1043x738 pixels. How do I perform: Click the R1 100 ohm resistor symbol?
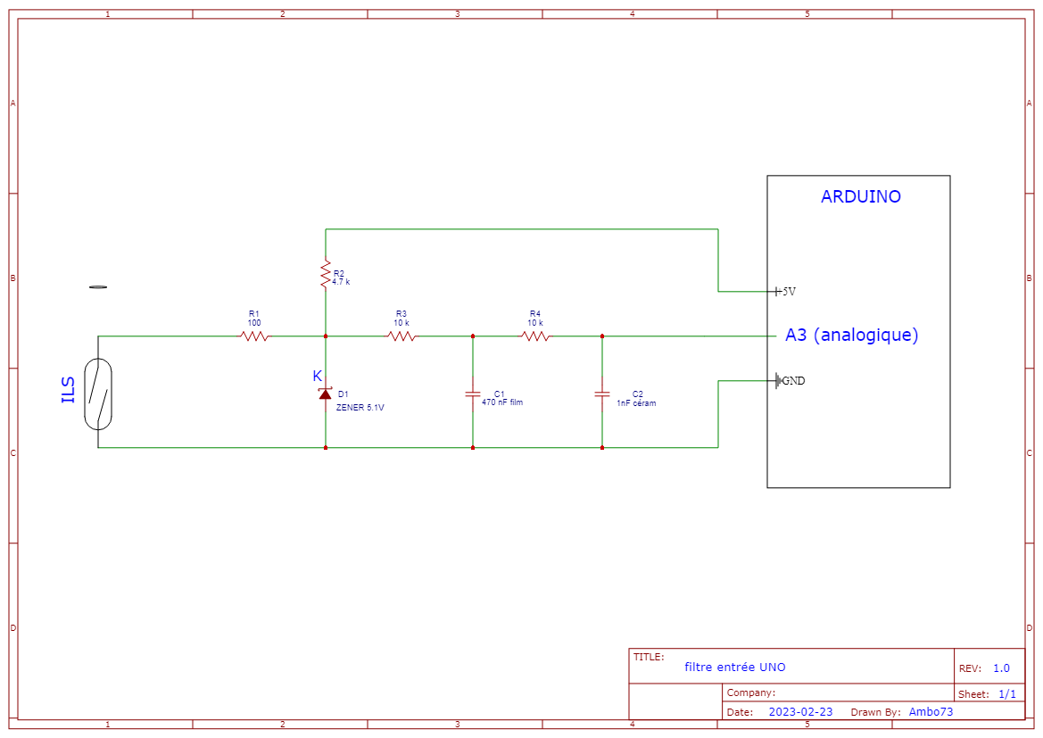point(254,336)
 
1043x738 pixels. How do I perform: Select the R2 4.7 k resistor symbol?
point(326,274)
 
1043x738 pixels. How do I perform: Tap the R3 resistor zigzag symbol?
point(401,336)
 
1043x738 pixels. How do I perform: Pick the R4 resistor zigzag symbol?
point(535,336)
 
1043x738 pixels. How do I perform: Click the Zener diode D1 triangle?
point(325,394)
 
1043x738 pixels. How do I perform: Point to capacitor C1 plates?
point(473,394)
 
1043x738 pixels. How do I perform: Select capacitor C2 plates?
point(602,394)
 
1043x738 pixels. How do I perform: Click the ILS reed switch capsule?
point(98,394)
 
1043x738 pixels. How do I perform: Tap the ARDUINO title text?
point(860,197)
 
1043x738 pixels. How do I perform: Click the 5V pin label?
point(789,292)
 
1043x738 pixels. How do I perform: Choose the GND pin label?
point(793,381)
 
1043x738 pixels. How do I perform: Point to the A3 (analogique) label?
point(851,336)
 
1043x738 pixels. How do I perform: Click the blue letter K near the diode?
point(317,376)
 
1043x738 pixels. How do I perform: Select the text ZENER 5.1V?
point(360,407)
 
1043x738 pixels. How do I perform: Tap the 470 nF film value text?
point(502,402)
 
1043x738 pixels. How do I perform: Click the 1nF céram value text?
point(636,402)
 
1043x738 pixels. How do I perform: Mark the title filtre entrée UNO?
point(735,668)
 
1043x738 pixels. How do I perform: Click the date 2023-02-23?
point(800,712)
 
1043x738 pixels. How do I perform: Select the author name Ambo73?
point(931,712)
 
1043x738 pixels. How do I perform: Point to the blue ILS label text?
point(69,390)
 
